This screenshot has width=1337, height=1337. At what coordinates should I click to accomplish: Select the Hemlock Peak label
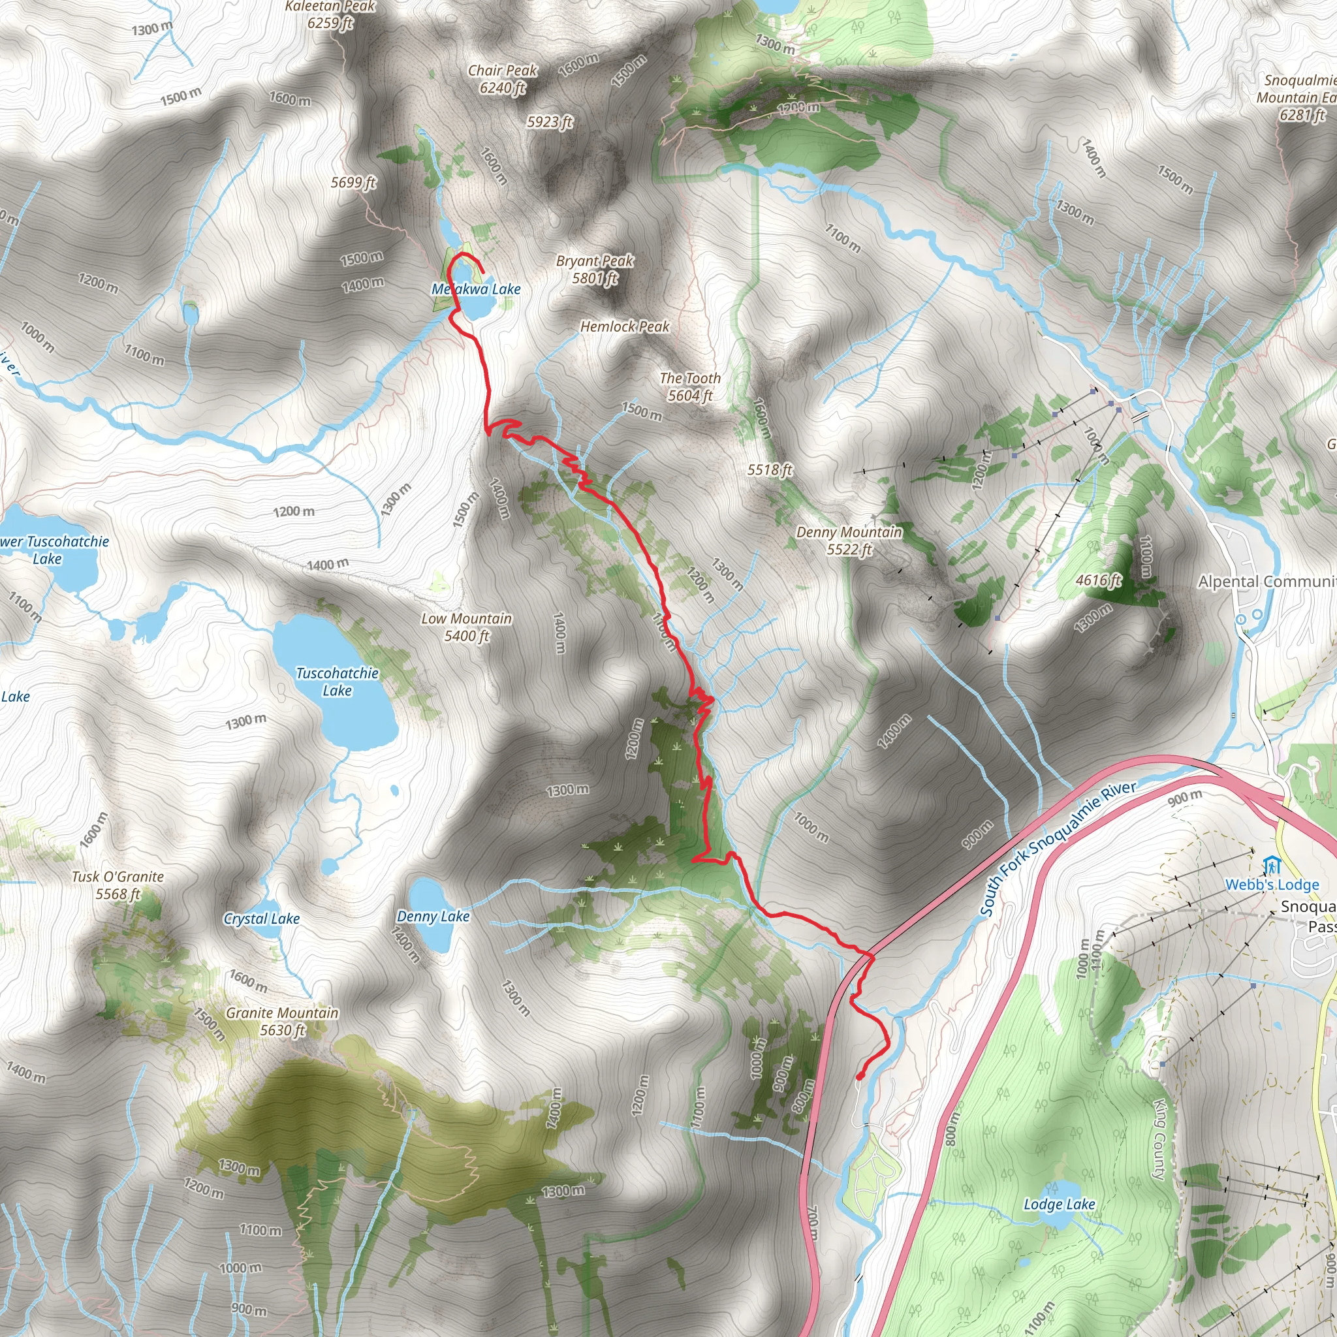pos(624,326)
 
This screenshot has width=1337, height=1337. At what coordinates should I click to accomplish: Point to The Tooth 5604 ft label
pos(690,387)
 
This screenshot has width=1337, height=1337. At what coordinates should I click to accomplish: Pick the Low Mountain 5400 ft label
pos(466,627)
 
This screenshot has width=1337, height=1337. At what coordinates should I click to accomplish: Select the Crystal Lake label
pos(261,919)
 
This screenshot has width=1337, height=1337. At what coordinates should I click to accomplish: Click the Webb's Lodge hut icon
pos(1271,866)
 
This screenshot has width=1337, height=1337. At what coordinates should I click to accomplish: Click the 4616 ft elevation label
pos(1097,580)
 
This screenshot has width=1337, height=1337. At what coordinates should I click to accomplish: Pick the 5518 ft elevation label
pos(770,470)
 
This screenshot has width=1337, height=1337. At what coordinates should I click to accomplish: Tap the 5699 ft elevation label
pos(353,183)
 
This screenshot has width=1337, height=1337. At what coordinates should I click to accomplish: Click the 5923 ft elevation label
pos(550,123)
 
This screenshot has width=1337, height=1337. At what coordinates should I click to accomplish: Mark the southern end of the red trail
pos(859,1077)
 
